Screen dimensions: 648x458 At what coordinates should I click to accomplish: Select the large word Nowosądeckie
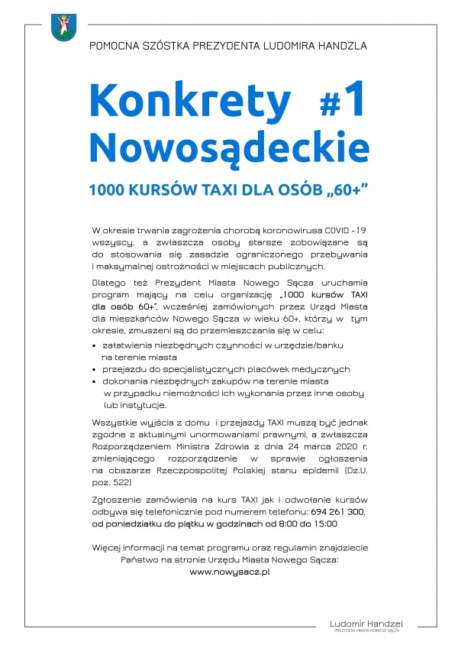(x=229, y=146)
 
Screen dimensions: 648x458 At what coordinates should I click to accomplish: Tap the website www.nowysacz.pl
(x=230, y=571)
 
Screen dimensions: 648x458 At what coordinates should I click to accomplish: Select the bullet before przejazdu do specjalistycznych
(x=94, y=369)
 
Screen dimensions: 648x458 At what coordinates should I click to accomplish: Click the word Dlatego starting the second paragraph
(x=106, y=282)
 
